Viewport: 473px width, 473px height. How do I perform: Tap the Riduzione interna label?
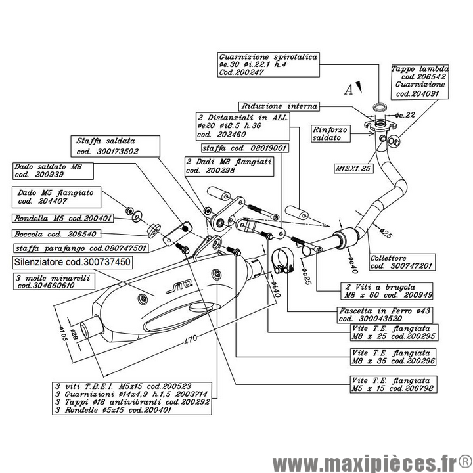[280, 106]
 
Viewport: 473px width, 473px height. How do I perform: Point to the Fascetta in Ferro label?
[373, 314]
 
